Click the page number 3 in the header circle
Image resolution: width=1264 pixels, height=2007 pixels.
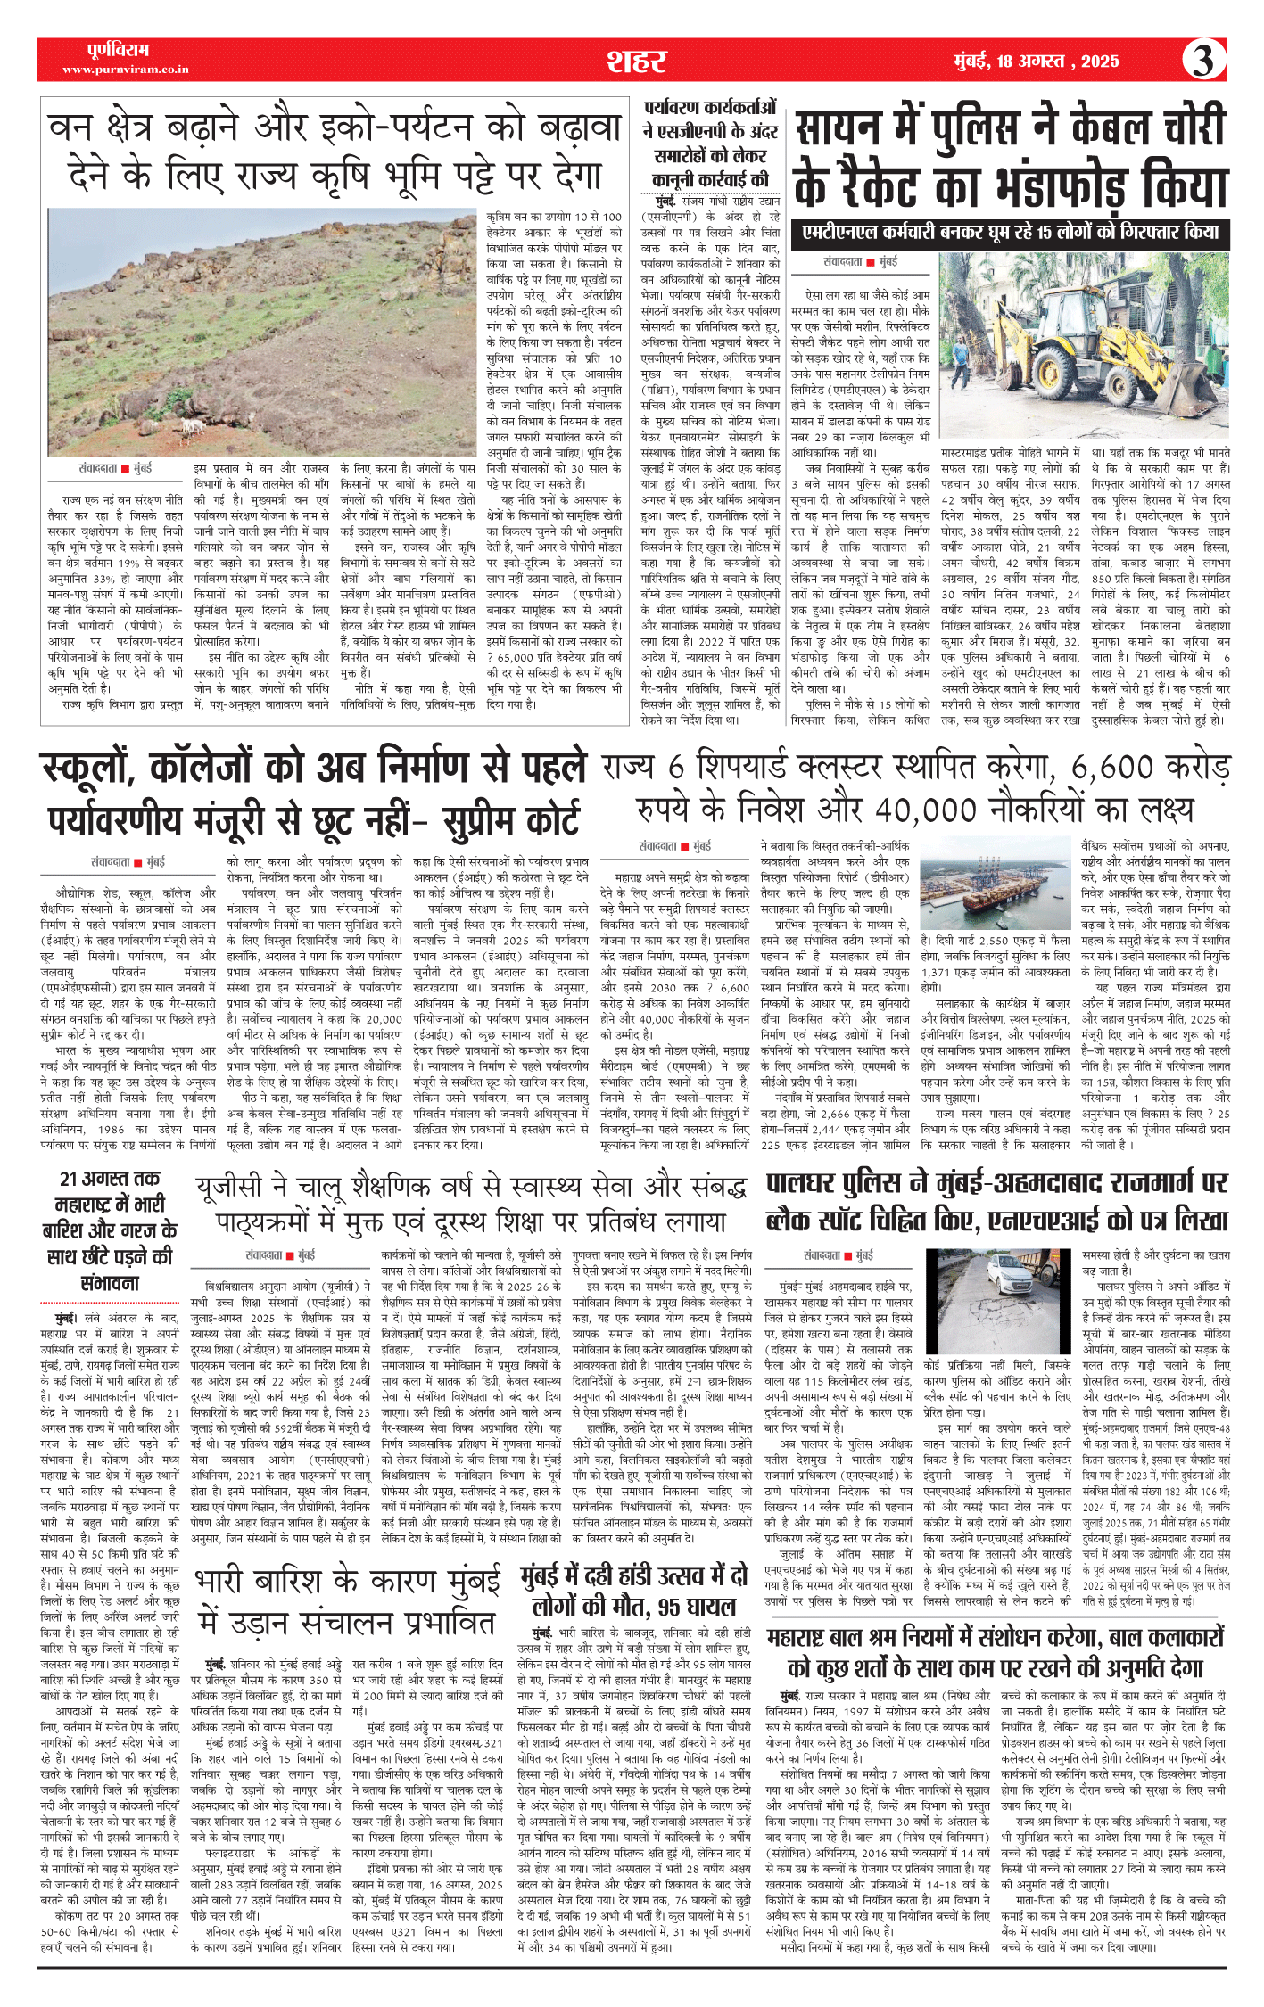coord(1203,61)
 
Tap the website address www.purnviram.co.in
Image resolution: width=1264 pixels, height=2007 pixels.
coord(125,70)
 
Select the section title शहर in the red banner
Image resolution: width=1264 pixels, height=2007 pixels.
coord(636,61)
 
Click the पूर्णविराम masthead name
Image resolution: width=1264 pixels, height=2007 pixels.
coord(118,50)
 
